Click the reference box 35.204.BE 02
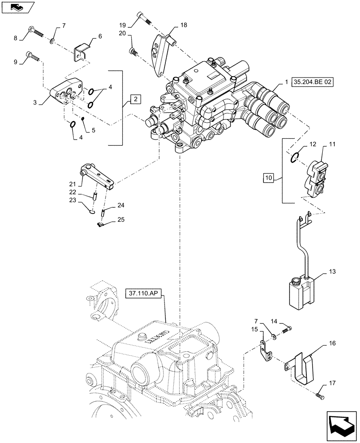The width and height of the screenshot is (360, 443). [x=312, y=82]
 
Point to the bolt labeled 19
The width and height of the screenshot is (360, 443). [x=144, y=18]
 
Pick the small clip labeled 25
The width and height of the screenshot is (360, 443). [x=101, y=225]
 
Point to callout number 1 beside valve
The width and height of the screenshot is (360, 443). [x=287, y=82]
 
